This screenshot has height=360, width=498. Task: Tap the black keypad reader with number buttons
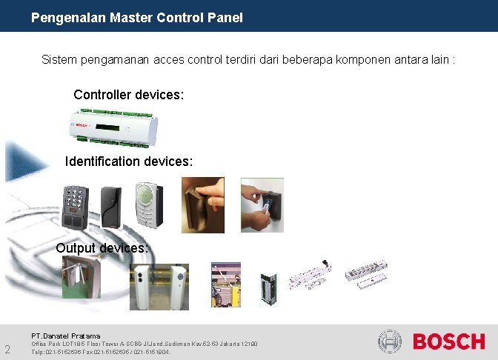[x=76, y=204]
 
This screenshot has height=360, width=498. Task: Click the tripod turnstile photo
[x=81, y=276]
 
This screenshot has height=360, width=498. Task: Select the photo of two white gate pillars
[x=159, y=286]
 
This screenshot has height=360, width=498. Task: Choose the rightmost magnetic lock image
[x=365, y=274]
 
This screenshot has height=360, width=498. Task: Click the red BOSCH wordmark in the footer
[x=448, y=341]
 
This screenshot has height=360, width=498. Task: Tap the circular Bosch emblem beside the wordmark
[x=390, y=341]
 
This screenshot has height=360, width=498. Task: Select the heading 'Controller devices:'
[x=128, y=95]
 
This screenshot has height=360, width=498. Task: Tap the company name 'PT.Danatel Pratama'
[x=65, y=336]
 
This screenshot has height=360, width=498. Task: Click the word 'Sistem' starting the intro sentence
[x=59, y=59]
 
